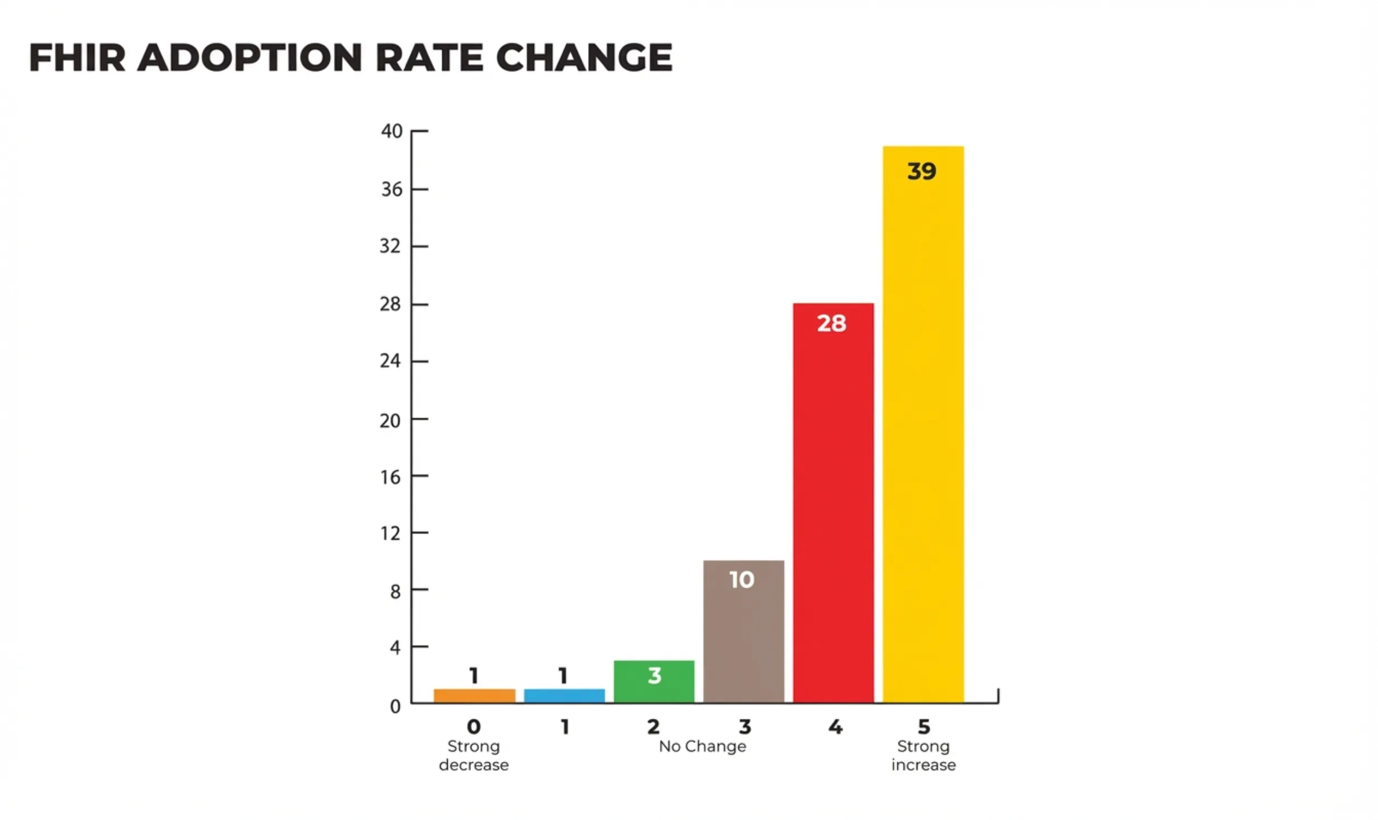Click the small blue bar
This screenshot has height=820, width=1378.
coord(563,695)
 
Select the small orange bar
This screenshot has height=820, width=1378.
coord(474,695)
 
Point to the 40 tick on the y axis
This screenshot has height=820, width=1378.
coord(391,131)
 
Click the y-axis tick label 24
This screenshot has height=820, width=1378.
coord(390,361)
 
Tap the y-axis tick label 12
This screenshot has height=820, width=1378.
coord(390,533)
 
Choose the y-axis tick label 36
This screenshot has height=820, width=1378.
coord(391,190)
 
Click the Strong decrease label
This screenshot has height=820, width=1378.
coord(473,755)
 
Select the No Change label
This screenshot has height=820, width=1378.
coord(702,746)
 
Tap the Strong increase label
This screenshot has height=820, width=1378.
coord(923,755)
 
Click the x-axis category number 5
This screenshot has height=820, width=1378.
coord(924,727)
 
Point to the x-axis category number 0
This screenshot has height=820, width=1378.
coord(473,727)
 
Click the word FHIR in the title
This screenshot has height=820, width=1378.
coord(77,58)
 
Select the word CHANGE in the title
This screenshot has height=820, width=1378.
coord(584,58)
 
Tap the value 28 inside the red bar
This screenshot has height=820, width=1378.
coord(831,323)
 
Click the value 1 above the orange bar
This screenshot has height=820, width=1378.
coord(473,676)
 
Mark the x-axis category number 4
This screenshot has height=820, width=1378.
coord(835,727)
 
